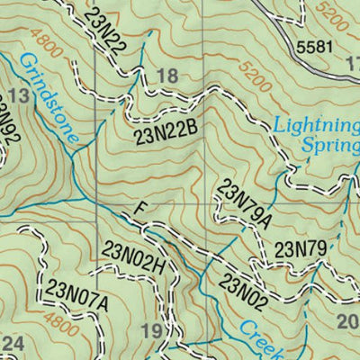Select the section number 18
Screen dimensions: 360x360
167,77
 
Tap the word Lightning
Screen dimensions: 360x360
316,125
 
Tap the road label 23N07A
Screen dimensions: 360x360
77,296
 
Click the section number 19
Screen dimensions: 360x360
152,333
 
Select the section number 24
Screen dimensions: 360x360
13,343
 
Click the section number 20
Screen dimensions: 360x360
347,322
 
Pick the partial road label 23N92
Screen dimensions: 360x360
9,126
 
